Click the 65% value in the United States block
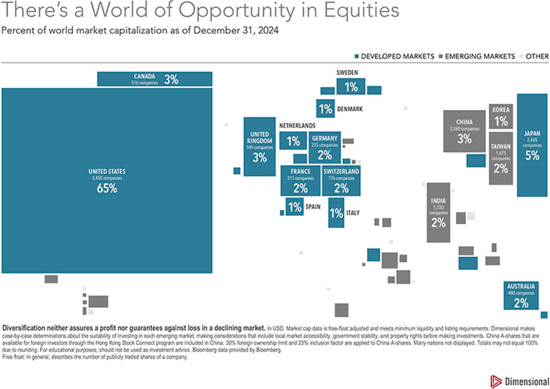click(x=106, y=189)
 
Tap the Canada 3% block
click(x=155, y=79)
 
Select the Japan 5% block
click(x=532, y=145)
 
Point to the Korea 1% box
click(x=501, y=117)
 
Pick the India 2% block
click(x=438, y=212)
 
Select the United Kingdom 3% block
click(x=259, y=147)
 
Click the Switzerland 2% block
click(x=341, y=180)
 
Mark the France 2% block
click(x=300, y=180)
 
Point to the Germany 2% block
click(x=324, y=147)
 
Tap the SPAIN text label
click(x=313, y=207)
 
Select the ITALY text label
click(x=353, y=213)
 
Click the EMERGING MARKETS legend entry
click(x=480, y=56)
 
